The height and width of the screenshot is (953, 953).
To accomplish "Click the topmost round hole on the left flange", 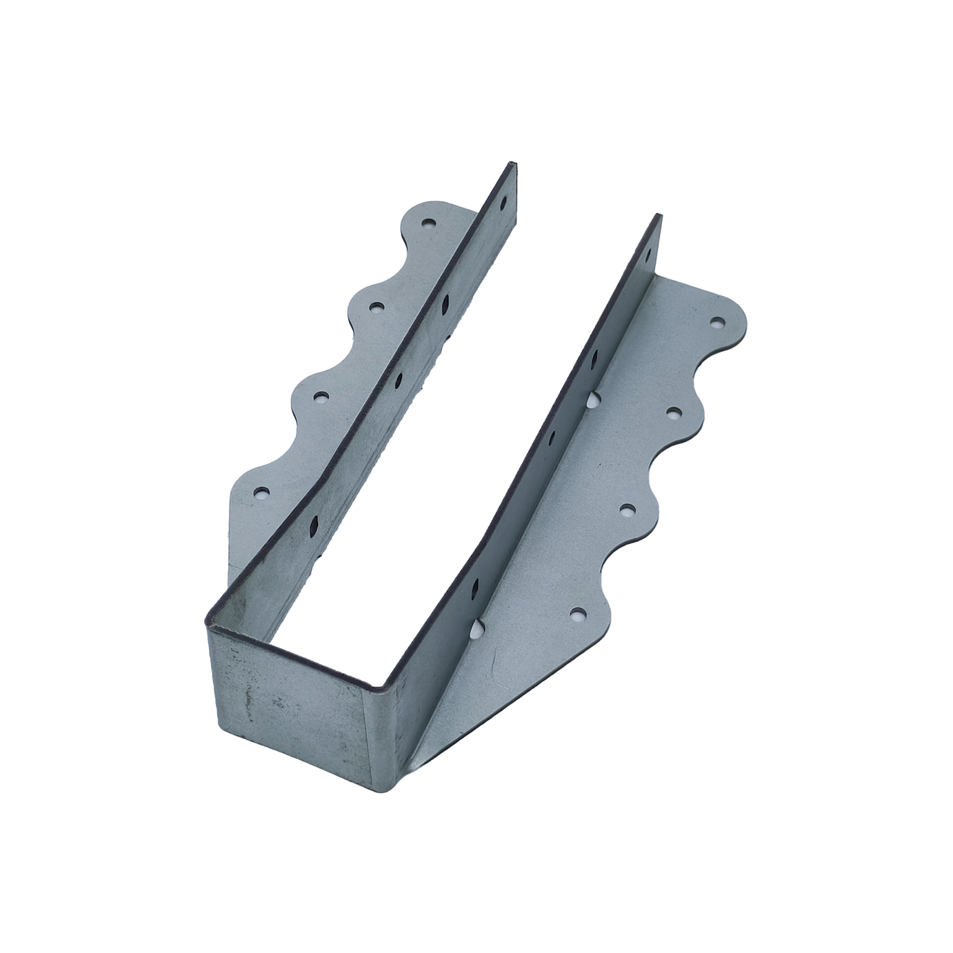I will (429, 223).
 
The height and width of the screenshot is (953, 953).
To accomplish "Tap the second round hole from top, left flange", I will (376, 306).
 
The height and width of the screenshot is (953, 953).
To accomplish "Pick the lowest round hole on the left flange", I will (262, 492).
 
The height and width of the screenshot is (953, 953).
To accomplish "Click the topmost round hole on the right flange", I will (717, 321).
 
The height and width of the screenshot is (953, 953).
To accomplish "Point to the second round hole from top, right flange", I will (674, 413).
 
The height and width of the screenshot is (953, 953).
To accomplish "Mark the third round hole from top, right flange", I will (627, 510).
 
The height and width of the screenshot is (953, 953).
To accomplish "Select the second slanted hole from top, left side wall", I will (445, 300).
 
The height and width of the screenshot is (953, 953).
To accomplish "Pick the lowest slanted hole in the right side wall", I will (474, 588).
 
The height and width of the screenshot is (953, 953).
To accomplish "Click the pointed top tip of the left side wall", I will (511, 164).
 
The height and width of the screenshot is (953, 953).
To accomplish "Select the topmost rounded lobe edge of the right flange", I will (741, 314).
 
